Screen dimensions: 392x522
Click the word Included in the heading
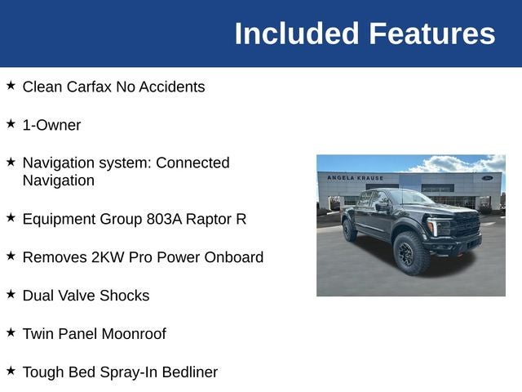[x=296, y=33]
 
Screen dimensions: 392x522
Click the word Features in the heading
[x=431, y=33]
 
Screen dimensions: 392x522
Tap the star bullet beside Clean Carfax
[x=11, y=85]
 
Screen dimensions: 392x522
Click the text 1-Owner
[x=51, y=125]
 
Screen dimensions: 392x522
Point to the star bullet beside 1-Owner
[x=11, y=123]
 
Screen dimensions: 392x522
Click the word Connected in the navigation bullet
[x=192, y=163]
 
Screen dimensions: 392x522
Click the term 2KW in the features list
[x=105, y=257]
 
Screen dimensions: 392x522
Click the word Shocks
[x=124, y=296]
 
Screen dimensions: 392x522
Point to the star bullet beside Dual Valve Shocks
[x=11, y=294]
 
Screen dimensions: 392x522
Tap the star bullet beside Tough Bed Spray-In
[x=11, y=371]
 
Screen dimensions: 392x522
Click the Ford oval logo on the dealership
[x=487, y=177]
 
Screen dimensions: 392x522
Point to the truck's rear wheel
[x=350, y=230]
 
